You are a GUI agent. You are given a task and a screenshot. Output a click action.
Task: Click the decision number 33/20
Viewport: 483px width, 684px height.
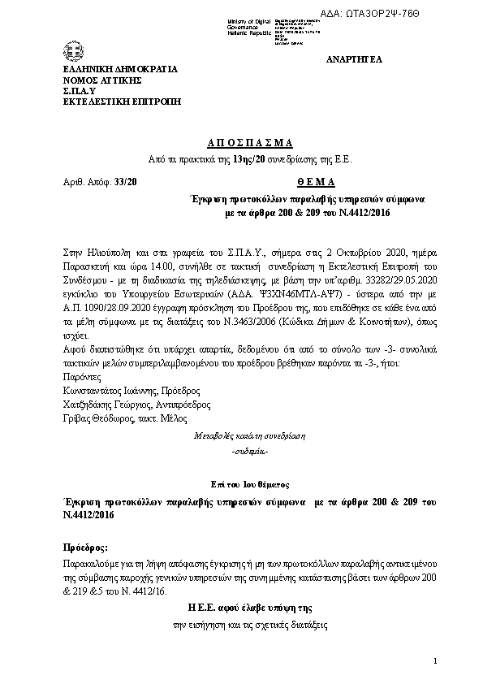click(127, 182)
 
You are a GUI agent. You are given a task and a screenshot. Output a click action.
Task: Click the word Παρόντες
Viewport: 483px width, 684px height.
click(80, 377)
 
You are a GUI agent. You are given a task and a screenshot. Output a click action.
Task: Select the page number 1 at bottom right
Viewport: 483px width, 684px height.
click(435, 661)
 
